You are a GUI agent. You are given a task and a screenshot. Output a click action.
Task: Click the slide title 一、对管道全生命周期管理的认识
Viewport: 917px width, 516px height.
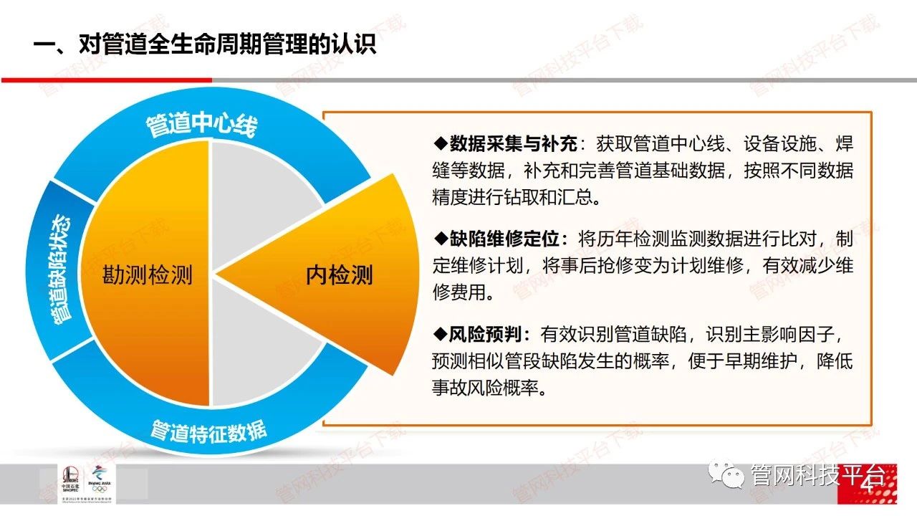(204, 44)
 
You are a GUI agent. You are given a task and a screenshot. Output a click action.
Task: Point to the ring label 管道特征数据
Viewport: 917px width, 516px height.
(208, 432)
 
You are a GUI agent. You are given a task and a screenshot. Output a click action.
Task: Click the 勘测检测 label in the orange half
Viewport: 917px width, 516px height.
(147, 274)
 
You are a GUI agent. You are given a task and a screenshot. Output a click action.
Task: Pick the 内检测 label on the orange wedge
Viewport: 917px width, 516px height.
(340, 274)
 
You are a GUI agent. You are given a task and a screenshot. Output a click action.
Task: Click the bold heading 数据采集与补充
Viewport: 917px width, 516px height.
(514, 144)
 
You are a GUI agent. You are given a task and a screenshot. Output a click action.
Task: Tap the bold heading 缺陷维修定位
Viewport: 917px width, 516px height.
(504, 239)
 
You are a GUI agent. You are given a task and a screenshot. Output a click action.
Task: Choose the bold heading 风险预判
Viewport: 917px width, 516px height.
(486, 335)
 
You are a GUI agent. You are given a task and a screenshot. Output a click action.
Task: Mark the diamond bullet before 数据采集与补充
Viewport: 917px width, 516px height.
(441, 143)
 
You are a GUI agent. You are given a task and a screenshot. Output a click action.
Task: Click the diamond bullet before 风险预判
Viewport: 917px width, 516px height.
(441, 334)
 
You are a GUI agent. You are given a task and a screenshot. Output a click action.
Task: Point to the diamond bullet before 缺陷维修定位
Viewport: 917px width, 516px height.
(441, 239)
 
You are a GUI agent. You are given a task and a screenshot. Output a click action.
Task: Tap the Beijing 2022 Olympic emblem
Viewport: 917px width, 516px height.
(100, 479)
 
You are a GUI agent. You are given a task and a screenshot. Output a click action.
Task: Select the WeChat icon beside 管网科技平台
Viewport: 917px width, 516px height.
(727, 474)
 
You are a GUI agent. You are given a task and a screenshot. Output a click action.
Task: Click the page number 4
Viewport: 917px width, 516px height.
(868, 486)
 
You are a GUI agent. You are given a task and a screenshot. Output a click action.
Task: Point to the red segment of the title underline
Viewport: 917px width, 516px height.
(107, 80)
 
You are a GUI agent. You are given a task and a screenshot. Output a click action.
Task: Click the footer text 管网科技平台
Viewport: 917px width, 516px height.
(817, 475)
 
